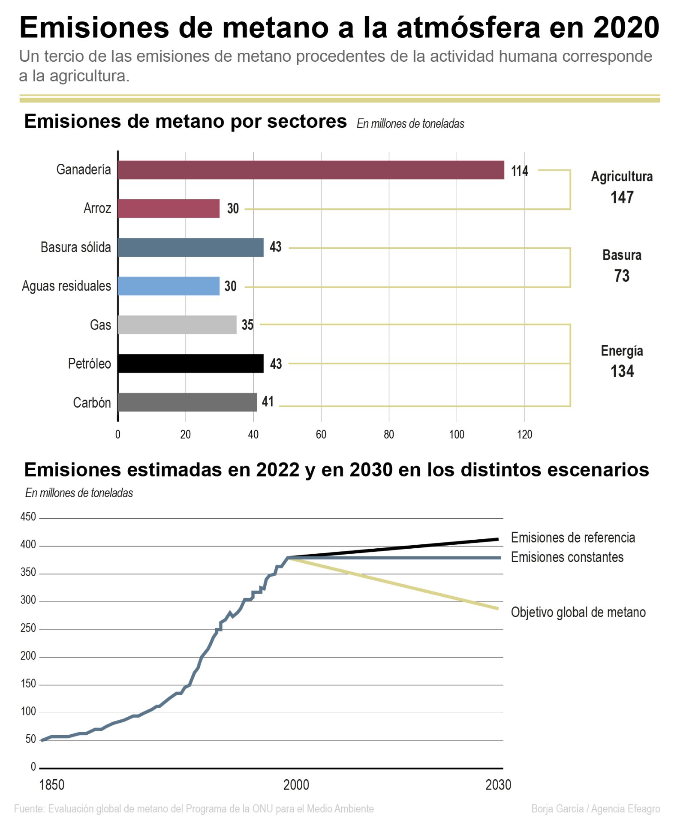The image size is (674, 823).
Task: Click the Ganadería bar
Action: click(310, 170)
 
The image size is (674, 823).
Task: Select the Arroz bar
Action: click(168, 208)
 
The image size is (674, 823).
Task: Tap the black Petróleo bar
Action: click(190, 363)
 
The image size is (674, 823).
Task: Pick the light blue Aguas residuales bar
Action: click(168, 286)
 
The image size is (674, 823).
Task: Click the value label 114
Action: click(519, 171)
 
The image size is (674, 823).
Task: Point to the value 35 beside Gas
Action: click(247, 325)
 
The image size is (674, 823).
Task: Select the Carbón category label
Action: click(92, 402)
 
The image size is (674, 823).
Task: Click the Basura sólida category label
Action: click(75, 247)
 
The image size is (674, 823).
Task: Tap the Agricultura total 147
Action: click(621, 197)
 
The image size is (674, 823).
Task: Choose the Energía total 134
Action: click(621, 371)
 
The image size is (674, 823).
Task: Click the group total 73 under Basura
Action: click(621, 276)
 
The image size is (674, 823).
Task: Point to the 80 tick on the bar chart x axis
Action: click(388, 435)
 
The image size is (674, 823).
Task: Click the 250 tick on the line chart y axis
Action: click(28, 628)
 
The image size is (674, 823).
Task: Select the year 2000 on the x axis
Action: click(296, 785)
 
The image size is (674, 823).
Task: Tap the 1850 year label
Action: click(52, 785)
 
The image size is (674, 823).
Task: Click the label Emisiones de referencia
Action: click(572, 538)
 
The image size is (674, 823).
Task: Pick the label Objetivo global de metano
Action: click(578, 612)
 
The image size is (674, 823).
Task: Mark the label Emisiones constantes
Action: click(567, 557)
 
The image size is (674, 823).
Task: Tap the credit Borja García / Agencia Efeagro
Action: click(595, 809)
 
